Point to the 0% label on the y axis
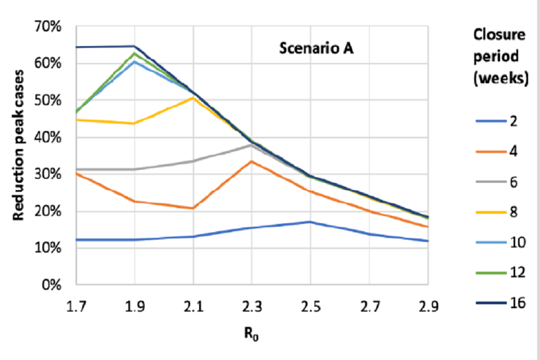53,285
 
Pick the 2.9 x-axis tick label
427,307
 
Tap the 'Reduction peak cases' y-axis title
19,145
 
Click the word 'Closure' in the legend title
498,34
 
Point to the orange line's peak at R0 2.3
251,161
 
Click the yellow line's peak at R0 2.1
193,98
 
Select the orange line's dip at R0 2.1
193,208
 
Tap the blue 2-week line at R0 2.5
310,222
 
